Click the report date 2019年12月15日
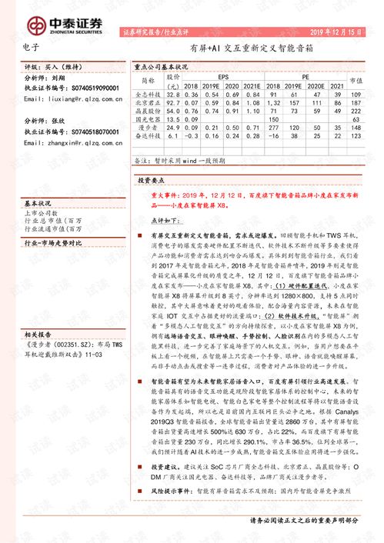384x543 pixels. [336, 33]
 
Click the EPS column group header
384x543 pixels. [222, 77]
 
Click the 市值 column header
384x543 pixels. [356, 82]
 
